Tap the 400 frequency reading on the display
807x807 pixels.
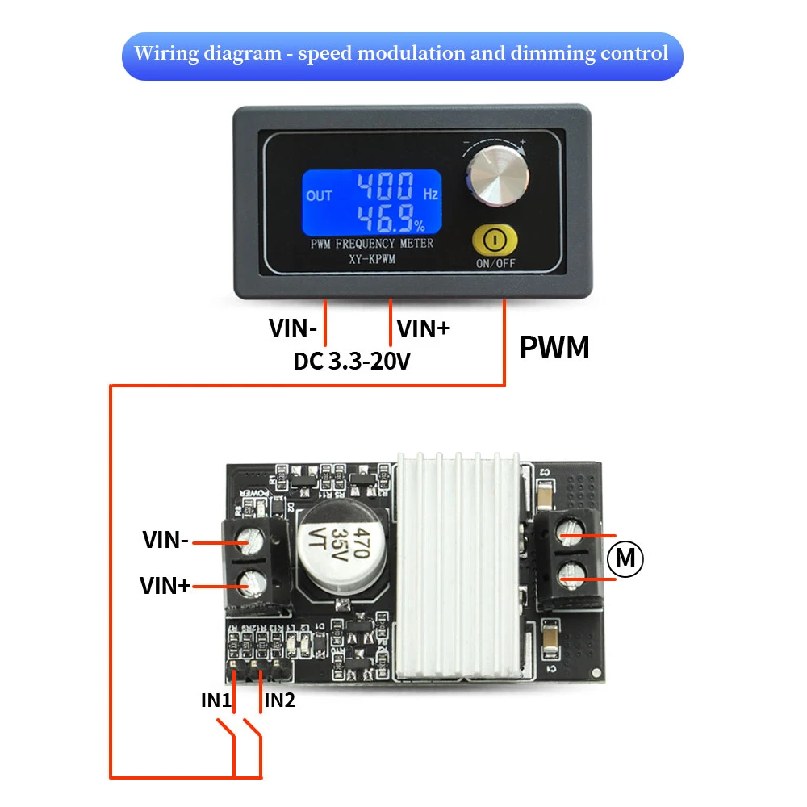[x=387, y=187]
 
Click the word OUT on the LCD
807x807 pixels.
[x=319, y=195]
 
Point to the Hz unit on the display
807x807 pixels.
[x=430, y=194]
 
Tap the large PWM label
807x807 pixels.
[x=554, y=348]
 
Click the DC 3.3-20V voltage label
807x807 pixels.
[x=352, y=362]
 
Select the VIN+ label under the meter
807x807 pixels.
[x=424, y=328]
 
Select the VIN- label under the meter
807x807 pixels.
[x=294, y=328]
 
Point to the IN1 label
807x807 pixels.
[x=216, y=700]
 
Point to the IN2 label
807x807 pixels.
[x=280, y=700]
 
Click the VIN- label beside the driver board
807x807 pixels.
[x=165, y=540]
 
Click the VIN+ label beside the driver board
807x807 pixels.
[x=165, y=585]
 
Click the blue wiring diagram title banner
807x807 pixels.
[x=402, y=55]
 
